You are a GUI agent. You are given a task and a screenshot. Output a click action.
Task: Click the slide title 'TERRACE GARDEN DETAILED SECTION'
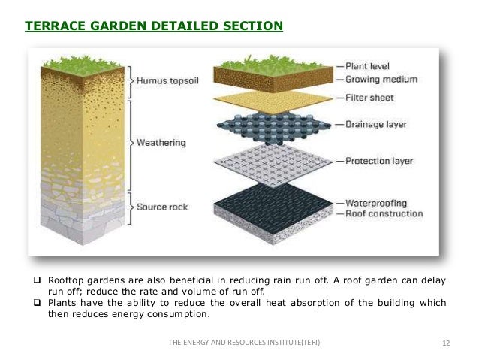(154, 27)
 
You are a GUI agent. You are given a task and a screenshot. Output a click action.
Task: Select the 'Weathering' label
(162, 141)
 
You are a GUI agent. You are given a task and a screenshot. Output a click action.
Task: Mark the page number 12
(446, 343)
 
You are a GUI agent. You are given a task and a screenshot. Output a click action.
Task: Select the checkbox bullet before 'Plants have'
(34, 303)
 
